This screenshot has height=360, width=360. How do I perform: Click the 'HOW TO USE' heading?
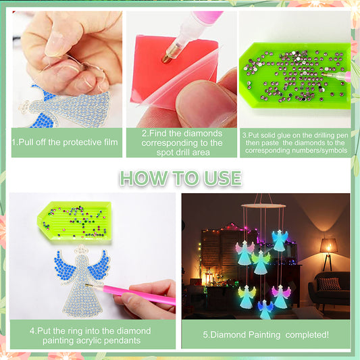point(180,178)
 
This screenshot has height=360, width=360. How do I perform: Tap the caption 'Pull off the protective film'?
point(65,143)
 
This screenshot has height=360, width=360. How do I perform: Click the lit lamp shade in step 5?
point(328,245)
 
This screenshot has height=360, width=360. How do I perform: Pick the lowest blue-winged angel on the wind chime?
point(265,308)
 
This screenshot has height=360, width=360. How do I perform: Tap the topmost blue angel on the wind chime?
point(280,240)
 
